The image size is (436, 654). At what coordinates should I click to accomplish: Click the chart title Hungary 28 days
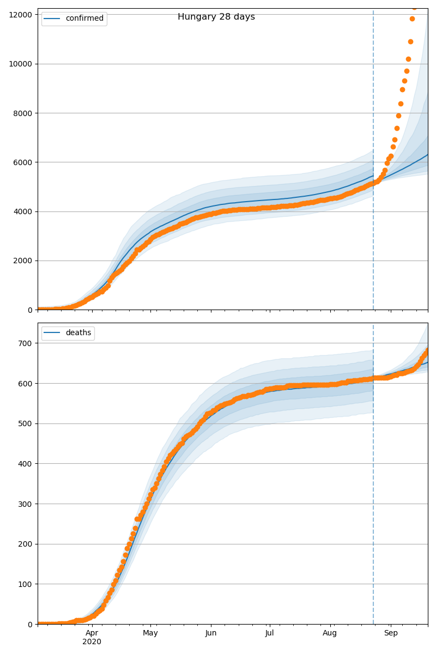216,17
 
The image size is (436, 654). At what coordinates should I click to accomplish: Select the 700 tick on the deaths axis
26,343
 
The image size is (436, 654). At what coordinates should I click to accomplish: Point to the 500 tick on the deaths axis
26,423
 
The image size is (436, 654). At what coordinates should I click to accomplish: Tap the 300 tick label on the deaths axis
26,504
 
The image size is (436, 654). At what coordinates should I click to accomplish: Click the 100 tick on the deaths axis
26,584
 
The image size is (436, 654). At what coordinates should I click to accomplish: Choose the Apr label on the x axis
92,633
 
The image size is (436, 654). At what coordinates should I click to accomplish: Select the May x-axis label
150,633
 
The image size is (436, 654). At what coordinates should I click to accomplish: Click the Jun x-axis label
211,633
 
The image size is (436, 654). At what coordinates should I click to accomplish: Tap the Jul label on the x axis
269,633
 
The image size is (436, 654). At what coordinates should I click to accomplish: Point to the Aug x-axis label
330,633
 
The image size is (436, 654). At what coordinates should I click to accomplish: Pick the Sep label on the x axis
391,633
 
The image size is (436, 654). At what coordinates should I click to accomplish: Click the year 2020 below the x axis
92,642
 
